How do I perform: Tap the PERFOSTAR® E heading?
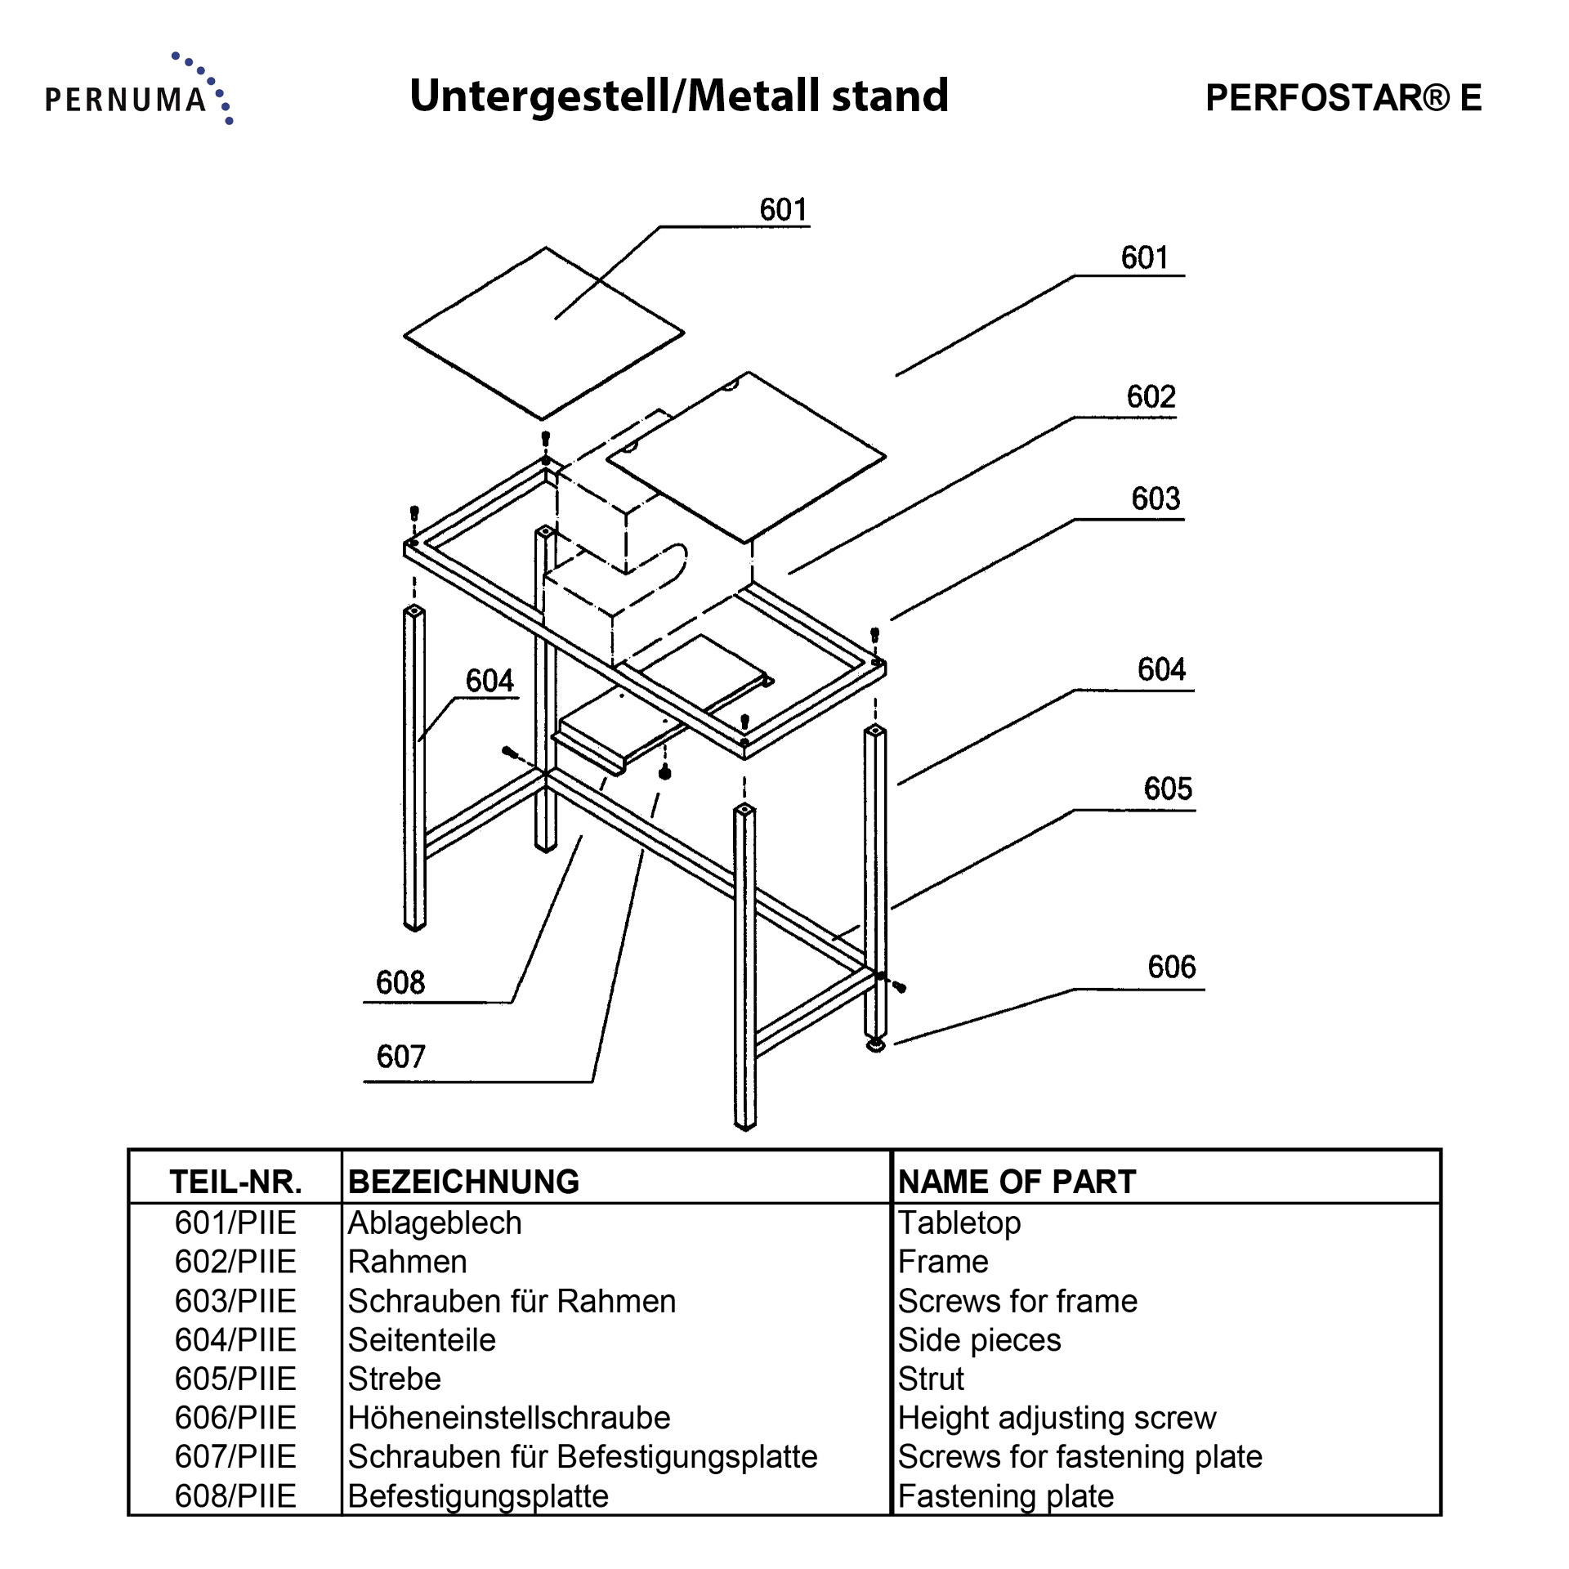[x=1343, y=98]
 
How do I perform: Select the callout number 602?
[x=1151, y=397]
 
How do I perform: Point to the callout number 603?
[x=1156, y=498]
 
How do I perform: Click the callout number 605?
[x=1168, y=789]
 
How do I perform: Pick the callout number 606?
[x=1171, y=967]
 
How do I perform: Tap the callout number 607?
[x=400, y=1057]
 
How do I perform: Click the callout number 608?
[x=400, y=982]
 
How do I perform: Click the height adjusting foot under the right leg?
[x=875, y=1044]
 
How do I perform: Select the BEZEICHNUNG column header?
[x=463, y=1182]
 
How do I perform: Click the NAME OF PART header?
[x=1017, y=1182]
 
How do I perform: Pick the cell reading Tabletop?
[x=959, y=1223]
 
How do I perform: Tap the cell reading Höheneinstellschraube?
[x=508, y=1418]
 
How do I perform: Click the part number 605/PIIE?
[x=235, y=1379]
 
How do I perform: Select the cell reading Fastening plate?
[x=1005, y=1496]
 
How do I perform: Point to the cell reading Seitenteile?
[x=422, y=1340]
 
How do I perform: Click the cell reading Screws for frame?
[x=1017, y=1301]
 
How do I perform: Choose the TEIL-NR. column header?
[x=235, y=1182]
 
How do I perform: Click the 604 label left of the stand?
[x=489, y=681]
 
